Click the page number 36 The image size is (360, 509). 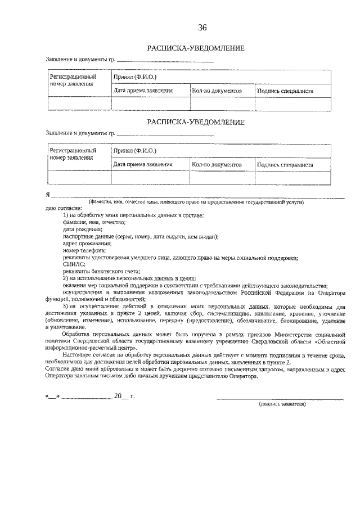point(202,29)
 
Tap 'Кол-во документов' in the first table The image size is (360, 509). point(217,91)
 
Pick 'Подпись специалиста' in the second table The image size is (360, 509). point(285,165)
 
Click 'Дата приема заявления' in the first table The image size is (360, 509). point(143,91)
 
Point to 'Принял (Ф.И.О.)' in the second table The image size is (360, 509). point(134,151)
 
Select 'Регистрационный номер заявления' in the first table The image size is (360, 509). point(73,80)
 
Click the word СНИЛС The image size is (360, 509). point(74,264)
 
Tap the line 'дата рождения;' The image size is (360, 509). point(83,229)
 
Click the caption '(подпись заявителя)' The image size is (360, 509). point(281,404)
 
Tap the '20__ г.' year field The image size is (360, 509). point(124,396)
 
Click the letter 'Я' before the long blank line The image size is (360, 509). point(48,195)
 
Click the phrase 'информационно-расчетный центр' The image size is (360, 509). point(99,348)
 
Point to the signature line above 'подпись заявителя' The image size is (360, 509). point(281,398)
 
